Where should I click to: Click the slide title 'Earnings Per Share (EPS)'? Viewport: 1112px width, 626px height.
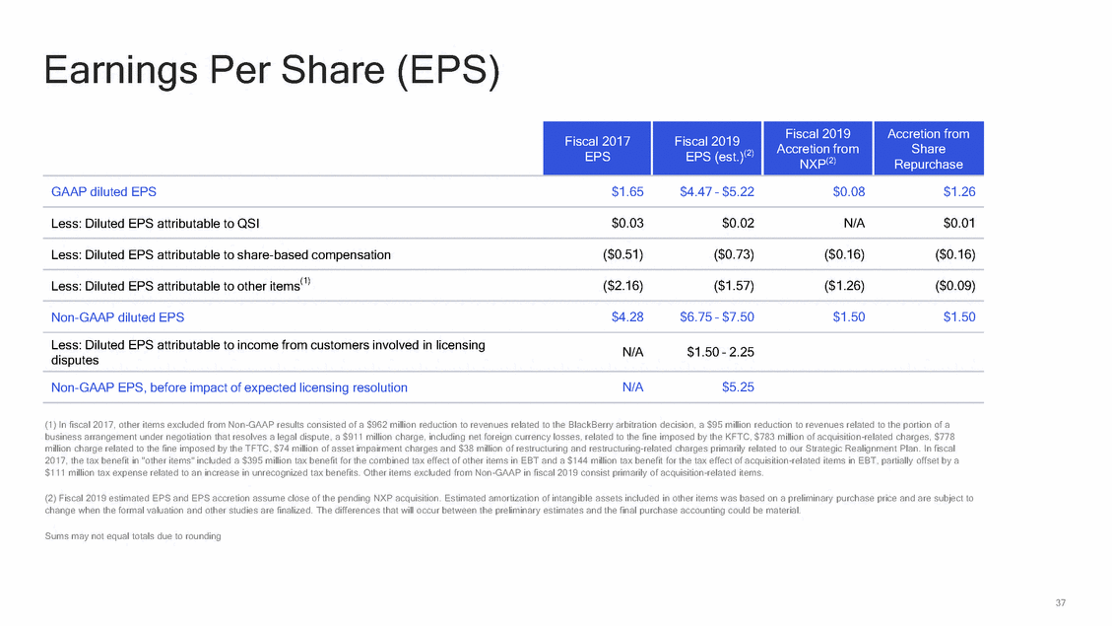pos(272,71)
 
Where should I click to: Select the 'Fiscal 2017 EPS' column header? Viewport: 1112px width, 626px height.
pos(597,148)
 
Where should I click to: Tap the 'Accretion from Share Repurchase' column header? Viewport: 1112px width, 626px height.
pos(929,148)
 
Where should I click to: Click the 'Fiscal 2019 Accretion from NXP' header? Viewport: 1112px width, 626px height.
pos(818,148)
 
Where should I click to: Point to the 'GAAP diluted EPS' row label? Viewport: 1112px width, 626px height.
pos(103,191)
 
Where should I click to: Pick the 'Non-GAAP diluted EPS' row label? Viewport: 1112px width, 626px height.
pos(118,317)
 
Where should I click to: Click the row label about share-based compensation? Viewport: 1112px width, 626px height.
pos(221,254)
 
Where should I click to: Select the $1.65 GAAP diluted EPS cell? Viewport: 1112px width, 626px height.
pos(627,191)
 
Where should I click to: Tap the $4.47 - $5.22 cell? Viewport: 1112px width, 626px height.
pos(717,191)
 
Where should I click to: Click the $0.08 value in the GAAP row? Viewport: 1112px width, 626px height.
pos(849,191)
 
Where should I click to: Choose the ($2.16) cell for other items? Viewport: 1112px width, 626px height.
pos(623,286)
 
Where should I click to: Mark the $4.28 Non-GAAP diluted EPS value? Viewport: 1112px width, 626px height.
pos(627,317)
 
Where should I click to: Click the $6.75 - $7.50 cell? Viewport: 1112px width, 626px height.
pos(717,317)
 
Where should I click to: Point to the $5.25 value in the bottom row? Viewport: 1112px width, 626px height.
pos(739,387)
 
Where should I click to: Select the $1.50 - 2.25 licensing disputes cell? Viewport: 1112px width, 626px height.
pos(721,352)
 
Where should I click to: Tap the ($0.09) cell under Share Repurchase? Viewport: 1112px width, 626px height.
pos(955,286)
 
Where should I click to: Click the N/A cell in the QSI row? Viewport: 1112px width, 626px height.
pos(854,224)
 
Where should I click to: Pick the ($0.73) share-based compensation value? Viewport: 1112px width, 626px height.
pos(734,254)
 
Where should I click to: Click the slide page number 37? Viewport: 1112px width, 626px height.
pos(1060,603)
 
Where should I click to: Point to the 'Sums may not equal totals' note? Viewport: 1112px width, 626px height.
pos(133,536)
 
